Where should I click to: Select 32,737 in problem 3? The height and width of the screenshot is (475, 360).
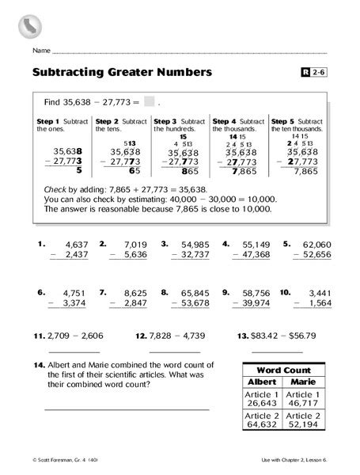click(x=194, y=255)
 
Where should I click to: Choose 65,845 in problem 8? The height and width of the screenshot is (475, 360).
click(x=194, y=292)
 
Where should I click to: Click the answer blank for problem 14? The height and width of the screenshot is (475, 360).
click(x=127, y=408)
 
